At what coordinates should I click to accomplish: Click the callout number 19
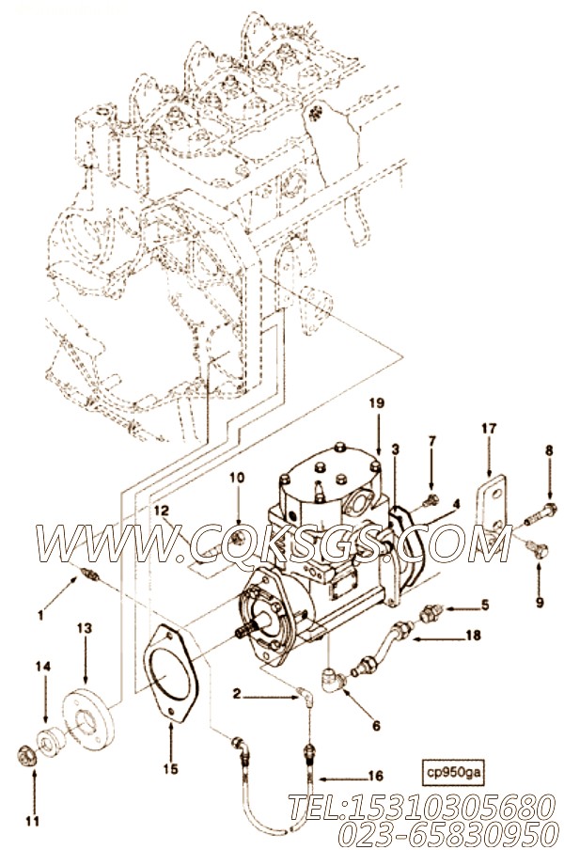[375, 428]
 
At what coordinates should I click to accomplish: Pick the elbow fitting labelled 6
[332, 676]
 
